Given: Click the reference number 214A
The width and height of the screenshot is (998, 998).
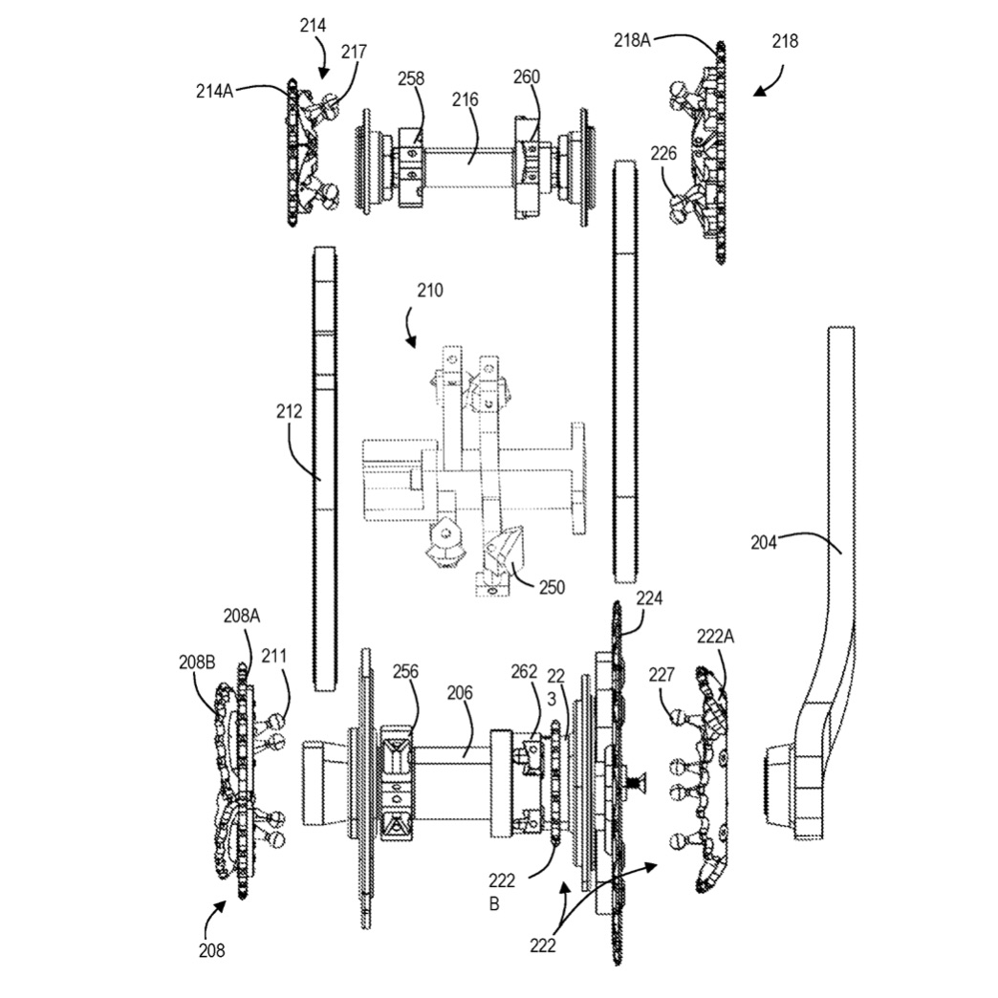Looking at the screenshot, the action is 214,91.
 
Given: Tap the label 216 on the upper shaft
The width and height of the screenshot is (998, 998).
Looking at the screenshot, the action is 466,100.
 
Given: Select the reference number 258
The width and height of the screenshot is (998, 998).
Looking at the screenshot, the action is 410,79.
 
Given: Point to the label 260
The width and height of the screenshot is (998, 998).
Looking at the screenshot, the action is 527,77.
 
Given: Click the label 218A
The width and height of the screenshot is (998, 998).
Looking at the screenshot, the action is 632,41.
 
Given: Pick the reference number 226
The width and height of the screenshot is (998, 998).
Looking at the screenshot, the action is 663,153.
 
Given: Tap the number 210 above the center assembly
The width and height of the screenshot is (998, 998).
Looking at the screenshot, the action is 429,291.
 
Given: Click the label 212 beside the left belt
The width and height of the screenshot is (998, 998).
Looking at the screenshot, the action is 289,412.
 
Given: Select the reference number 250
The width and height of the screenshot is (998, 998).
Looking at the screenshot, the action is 552,587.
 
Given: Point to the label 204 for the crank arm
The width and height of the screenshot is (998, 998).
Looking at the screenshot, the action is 764,542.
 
